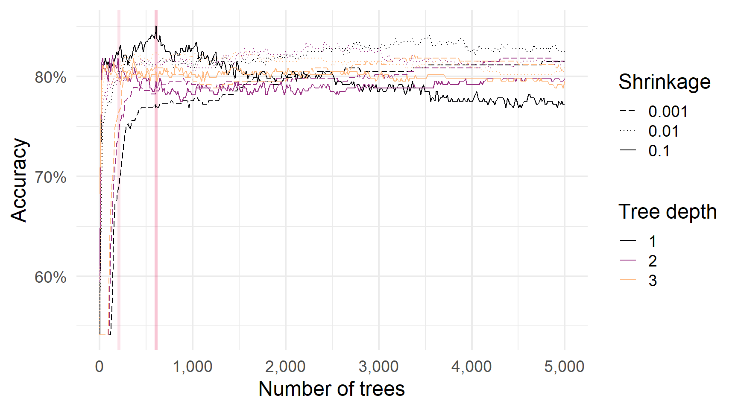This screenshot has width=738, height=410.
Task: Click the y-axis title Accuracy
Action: point(19,180)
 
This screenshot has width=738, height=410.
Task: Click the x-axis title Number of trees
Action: point(331,389)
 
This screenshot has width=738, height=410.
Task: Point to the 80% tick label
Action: point(51,77)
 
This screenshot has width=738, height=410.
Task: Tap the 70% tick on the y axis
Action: point(51,177)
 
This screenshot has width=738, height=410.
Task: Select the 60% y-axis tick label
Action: point(51,277)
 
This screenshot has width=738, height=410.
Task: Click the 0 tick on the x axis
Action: point(100,366)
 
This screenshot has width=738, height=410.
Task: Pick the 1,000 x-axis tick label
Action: point(192,366)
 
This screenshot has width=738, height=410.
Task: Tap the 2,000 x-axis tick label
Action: point(285,366)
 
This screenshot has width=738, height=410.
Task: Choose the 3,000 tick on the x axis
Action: point(378,366)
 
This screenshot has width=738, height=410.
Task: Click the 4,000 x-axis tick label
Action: point(471,366)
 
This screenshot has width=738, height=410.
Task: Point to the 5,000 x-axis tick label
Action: point(564,366)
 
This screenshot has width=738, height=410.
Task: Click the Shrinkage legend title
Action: point(664,82)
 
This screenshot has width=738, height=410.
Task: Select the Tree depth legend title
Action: point(667,211)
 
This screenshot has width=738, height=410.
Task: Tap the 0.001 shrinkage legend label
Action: point(668,111)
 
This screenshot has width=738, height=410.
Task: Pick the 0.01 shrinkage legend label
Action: point(663,131)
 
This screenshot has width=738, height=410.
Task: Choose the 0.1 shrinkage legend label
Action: point(659,151)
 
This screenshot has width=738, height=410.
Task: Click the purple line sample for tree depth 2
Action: point(628,261)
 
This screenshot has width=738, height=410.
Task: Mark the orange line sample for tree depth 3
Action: point(628,280)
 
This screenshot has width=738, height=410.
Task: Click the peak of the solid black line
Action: point(156,26)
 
